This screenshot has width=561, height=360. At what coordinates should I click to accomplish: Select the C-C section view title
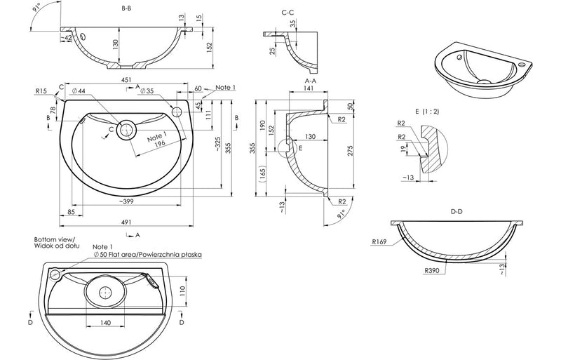pyautogui.click(x=287, y=12)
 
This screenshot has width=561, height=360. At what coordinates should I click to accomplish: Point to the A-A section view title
pyautogui.click(x=301, y=81)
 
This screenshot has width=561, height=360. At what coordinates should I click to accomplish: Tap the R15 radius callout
pyautogui.click(x=42, y=91)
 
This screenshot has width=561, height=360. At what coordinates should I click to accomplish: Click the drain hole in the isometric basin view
pyautogui.click(x=483, y=81)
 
